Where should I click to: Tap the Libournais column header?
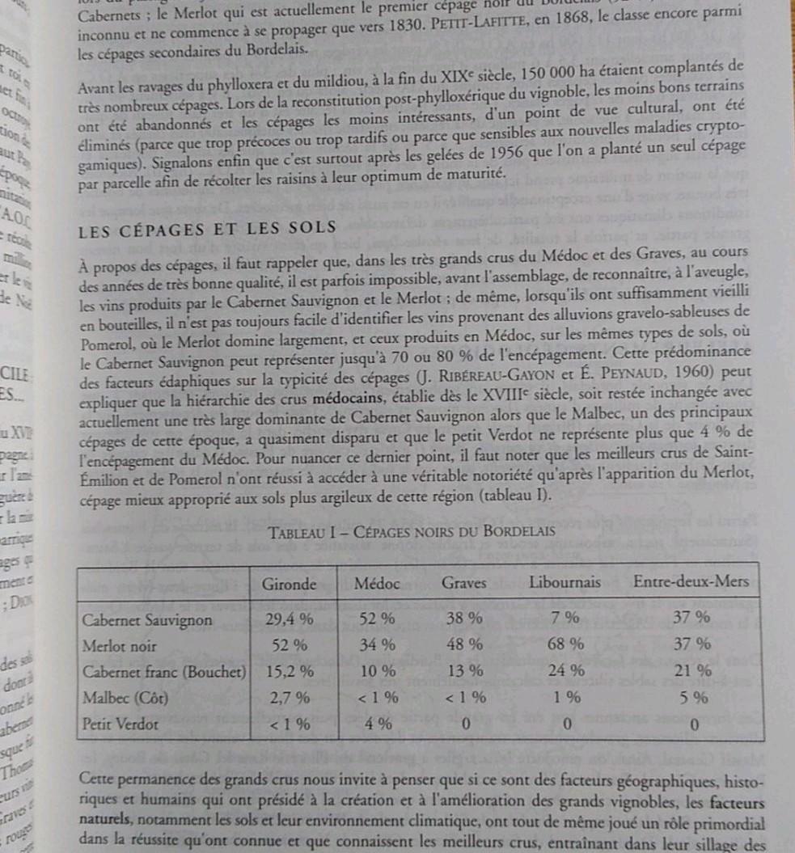(565, 582)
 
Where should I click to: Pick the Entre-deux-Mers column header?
(691, 581)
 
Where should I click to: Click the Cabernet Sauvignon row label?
(148, 621)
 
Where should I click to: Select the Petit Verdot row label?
(121, 724)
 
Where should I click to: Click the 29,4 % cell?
(290, 620)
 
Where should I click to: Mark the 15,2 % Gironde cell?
(290, 671)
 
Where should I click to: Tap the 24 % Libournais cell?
(566, 670)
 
